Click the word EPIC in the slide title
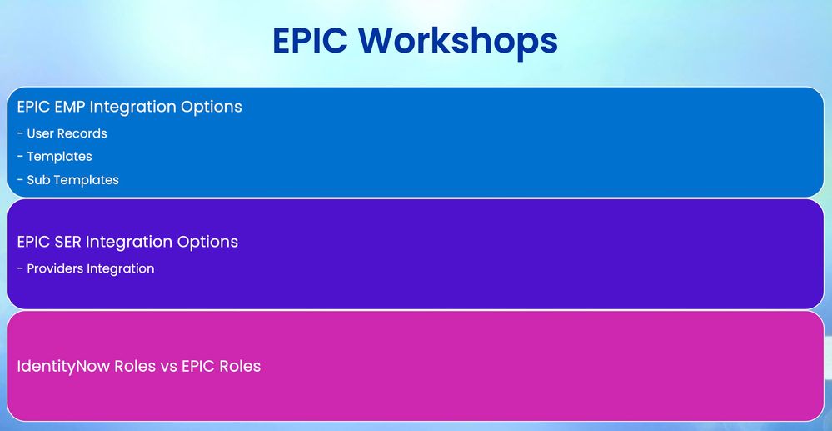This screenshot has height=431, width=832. coord(310,40)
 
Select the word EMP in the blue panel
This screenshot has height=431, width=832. coord(70,106)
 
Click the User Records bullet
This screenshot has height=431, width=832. coord(62,133)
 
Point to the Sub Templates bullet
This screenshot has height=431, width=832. coord(68,179)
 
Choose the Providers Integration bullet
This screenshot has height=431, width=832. coord(86,269)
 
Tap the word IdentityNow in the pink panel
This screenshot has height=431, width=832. coord(63,367)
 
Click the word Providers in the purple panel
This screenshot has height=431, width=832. coord(55,269)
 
